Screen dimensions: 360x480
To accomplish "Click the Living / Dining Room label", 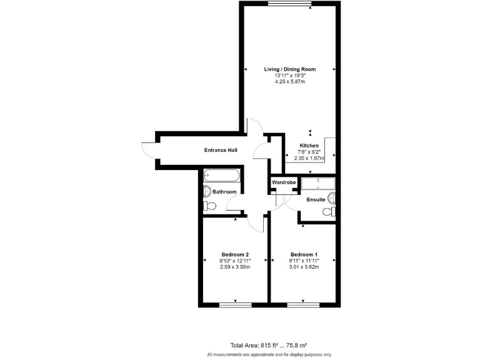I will coord(289,69).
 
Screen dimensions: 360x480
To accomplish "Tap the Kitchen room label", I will coord(309,146).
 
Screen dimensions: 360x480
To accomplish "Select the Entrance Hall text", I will coord(221,150).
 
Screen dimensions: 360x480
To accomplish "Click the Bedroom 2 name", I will coord(235,254).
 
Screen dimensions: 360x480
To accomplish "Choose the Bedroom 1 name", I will coord(304,254).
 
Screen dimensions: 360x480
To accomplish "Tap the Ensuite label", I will coord(316,199).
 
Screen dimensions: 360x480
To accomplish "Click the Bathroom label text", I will coord(224,192).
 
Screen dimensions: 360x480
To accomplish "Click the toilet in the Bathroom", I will coord(207,206).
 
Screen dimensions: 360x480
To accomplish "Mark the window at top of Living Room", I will coord(289,4).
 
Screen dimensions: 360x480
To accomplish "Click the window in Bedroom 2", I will coord(235,305).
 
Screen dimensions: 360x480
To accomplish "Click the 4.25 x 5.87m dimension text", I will coord(289,82).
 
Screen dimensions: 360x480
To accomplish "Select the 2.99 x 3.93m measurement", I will coord(235,267).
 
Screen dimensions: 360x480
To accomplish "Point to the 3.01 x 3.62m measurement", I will coord(304,267).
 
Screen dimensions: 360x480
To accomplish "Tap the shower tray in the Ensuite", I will coord(318,183).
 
